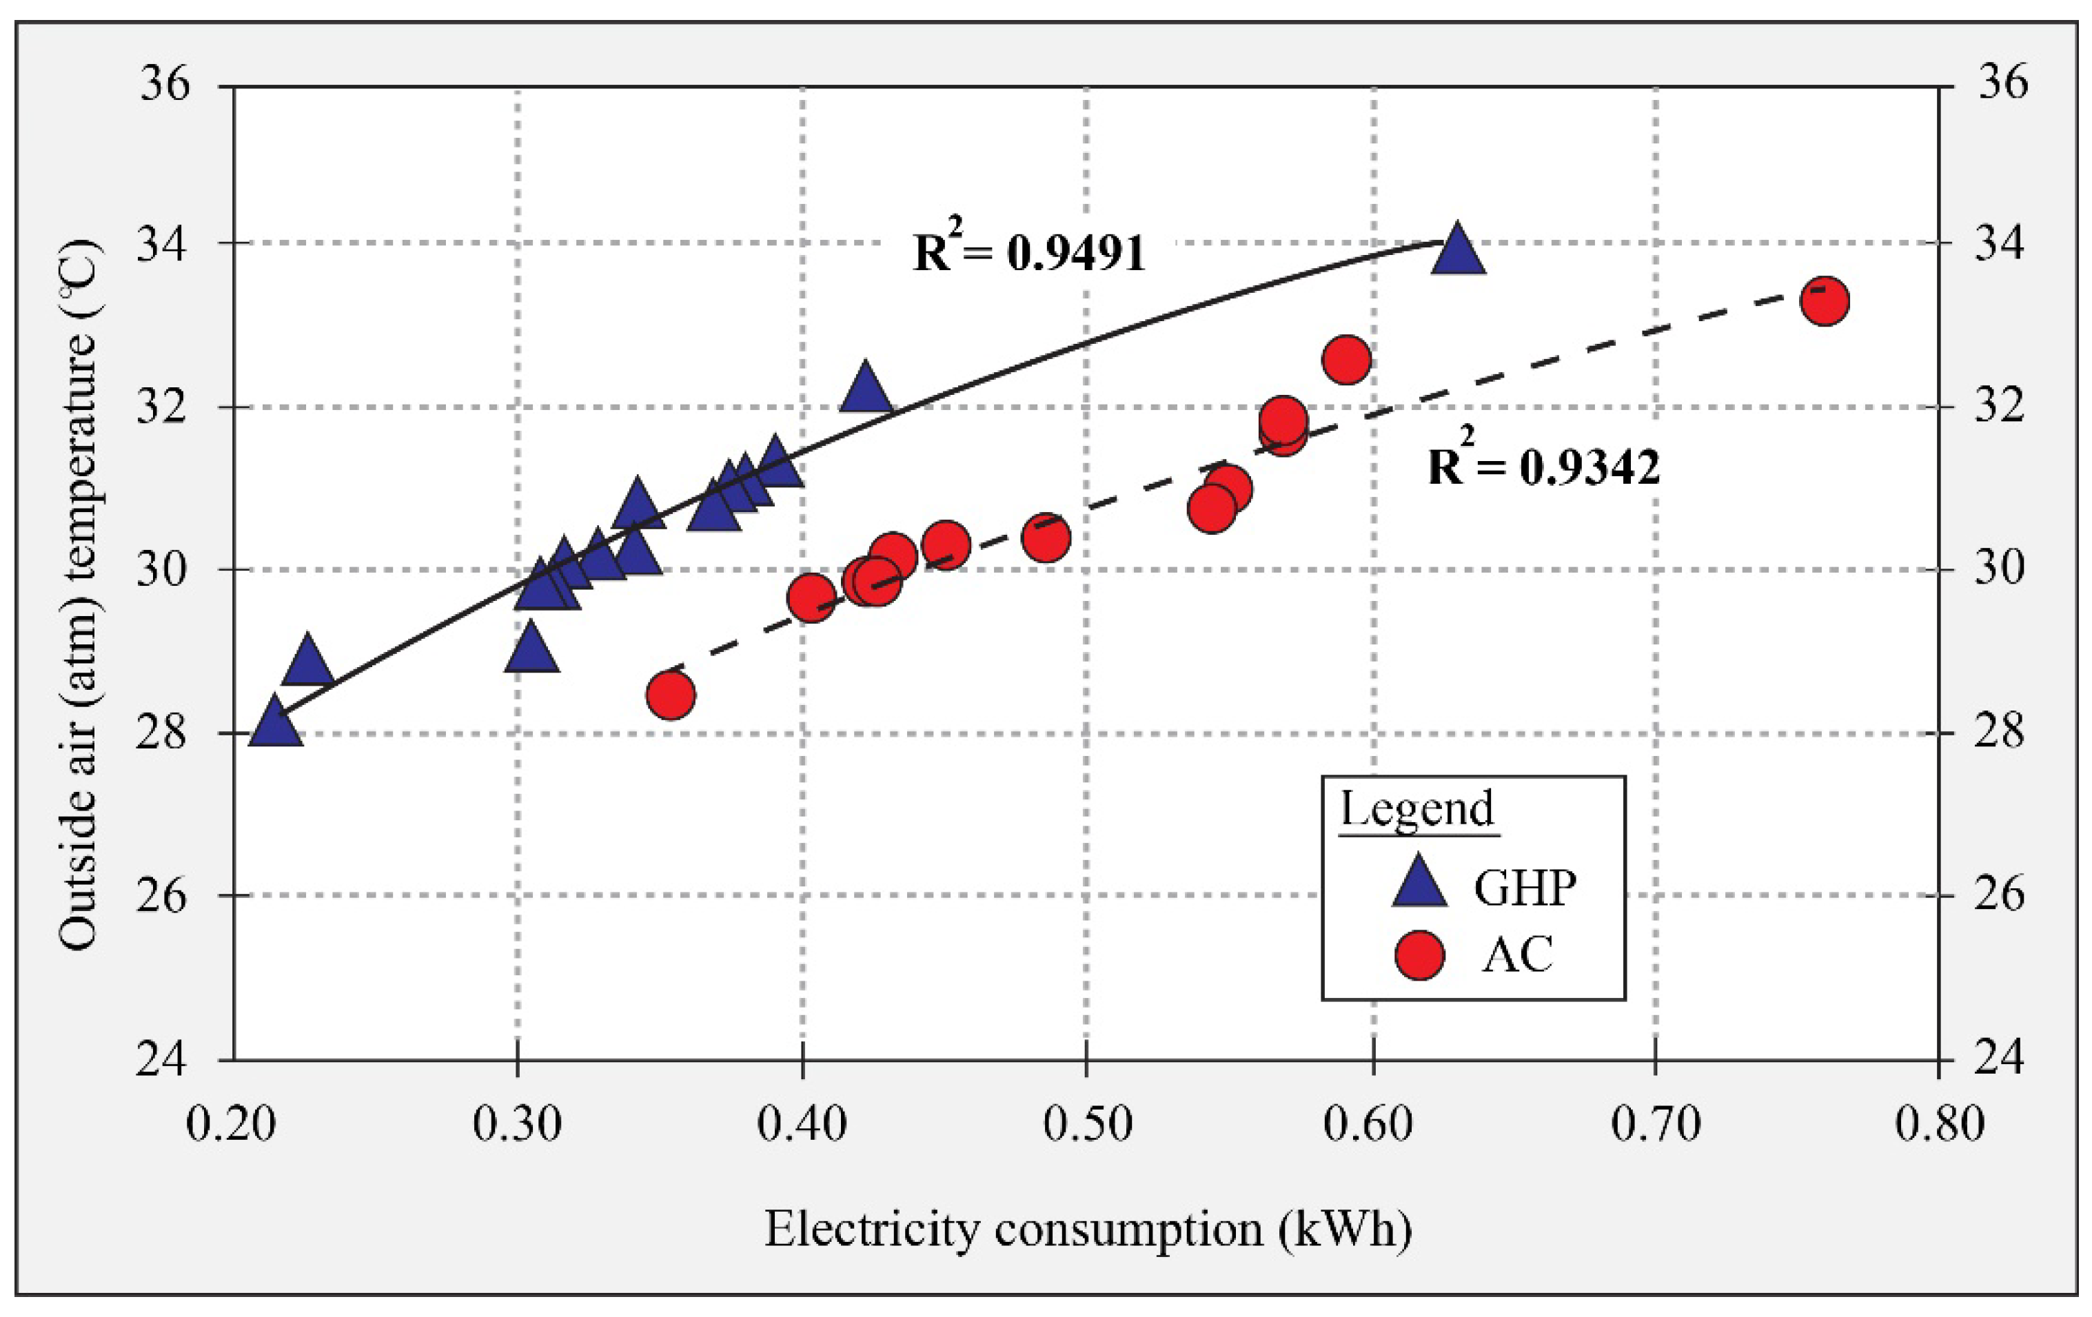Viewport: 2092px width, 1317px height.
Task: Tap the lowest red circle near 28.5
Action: click(x=670, y=695)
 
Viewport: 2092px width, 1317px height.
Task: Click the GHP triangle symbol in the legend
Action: click(x=1419, y=884)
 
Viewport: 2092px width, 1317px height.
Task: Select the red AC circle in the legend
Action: click(x=1419, y=954)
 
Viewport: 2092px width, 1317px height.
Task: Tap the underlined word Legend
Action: click(x=1417, y=809)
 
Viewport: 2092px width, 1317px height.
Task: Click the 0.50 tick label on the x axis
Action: click(x=1088, y=1124)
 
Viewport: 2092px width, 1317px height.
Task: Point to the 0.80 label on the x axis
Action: click(x=1939, y=1124)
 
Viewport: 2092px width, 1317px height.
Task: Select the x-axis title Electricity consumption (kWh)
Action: click(x=1088, y=1230)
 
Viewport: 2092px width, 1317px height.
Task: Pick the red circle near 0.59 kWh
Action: click(x=1345, y=360)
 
